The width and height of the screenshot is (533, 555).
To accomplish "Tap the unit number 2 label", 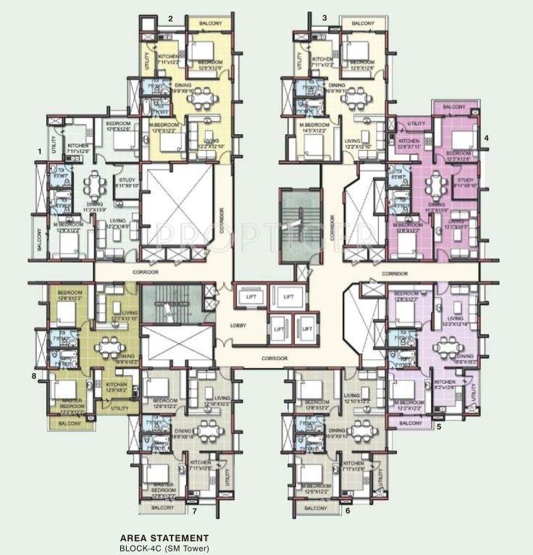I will click(170, 18).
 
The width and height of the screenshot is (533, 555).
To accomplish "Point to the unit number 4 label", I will click(486, 138).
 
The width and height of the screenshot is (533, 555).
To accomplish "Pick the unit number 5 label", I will click(439, 427).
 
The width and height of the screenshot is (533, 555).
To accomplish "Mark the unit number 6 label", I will click(348, 511).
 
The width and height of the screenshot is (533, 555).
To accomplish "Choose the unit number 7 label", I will click(194, 511).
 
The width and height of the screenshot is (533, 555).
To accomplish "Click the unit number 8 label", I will click(33, 376).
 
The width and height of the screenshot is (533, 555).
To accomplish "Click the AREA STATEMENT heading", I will click(166, 538).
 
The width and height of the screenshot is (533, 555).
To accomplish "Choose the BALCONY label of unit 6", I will click(316, 508).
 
